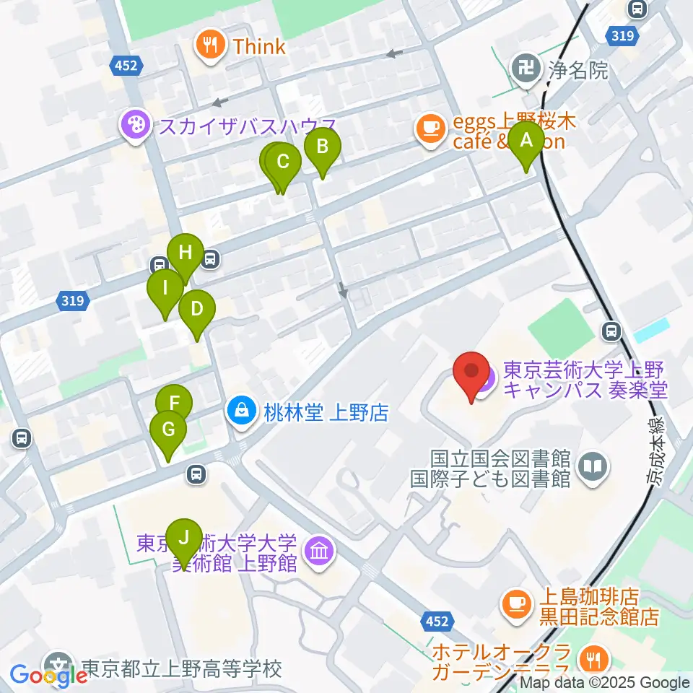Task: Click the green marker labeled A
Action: point(526,141)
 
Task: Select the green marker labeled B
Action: point(322,147)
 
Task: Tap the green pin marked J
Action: point(184,538)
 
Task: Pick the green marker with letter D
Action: point(196,310)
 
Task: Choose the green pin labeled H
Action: point(186,253)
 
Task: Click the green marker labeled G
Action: point(168,430)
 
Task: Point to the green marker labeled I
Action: point(165,289)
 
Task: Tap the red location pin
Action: point(471,372)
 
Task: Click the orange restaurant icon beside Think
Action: point(211,46)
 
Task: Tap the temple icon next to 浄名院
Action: point(525,69)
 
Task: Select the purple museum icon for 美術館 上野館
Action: point(318,552)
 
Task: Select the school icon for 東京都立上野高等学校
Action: point(58,666)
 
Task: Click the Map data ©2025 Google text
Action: point(604,682)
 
